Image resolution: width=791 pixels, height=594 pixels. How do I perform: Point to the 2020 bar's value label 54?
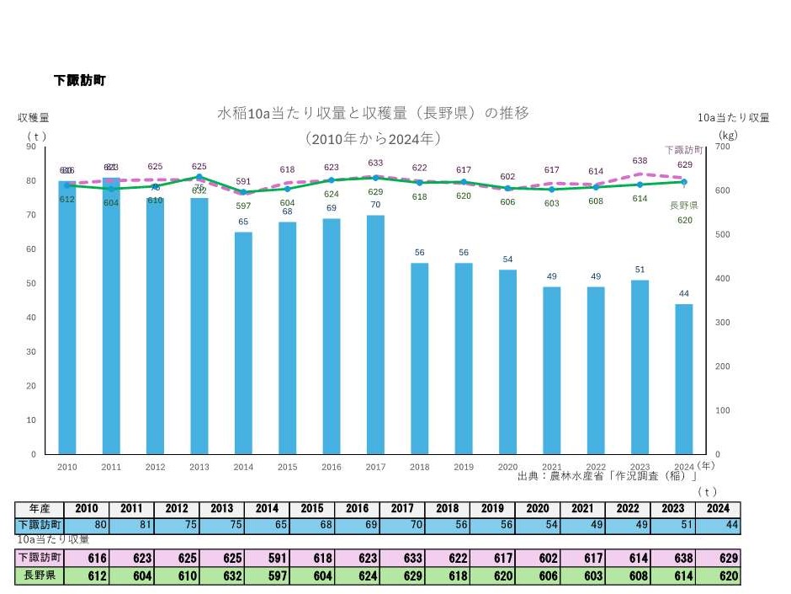pos(507,260)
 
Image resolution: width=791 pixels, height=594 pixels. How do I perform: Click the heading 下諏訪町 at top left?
pos(79,81)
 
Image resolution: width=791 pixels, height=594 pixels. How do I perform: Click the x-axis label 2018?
pos(419,467)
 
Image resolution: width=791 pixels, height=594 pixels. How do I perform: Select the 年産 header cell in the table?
pos(40,509)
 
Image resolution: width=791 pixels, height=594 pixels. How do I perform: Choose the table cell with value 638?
pos(676,558)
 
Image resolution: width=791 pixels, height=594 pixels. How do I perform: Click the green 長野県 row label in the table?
pos(40,577)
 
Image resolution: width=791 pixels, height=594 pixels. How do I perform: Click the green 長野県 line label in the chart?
pos(683,205)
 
